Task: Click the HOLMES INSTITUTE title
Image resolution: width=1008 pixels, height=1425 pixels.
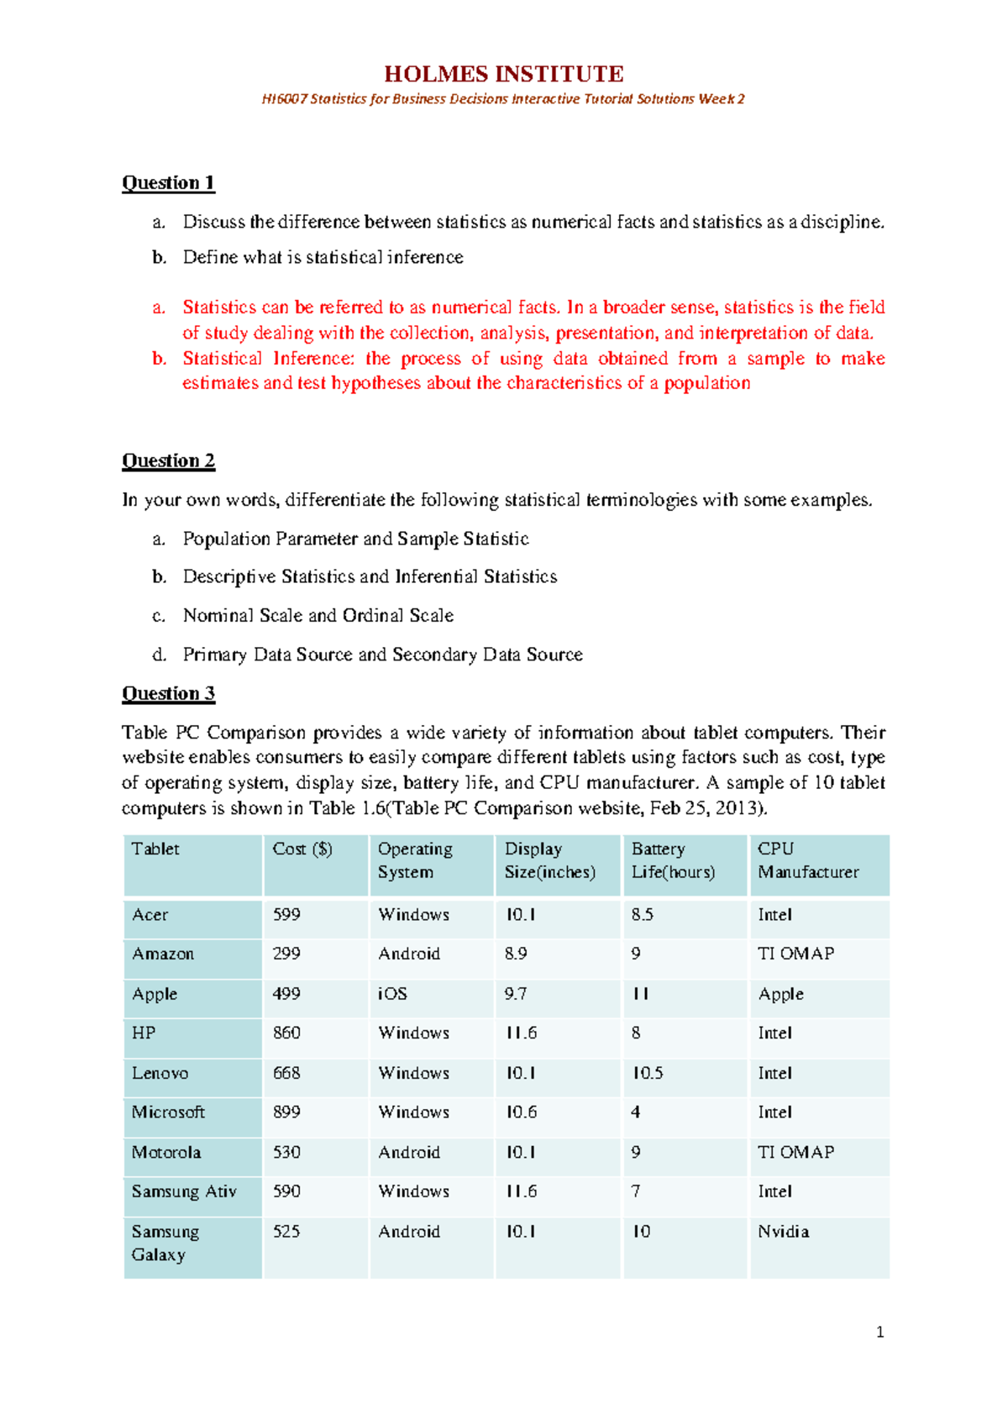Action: [x=503, y=74]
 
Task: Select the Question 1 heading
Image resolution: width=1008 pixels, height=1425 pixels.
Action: [x=168, y=182]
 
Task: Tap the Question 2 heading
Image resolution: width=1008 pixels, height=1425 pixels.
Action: [x=168, y=460]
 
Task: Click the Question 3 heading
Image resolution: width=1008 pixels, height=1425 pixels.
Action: [x=168, y=693]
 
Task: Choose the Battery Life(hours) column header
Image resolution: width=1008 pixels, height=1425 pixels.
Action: [x=673, y=860]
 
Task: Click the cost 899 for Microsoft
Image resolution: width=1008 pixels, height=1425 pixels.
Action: [x=286, y=1112]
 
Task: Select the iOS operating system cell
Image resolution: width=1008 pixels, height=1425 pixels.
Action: [x=392, y=993]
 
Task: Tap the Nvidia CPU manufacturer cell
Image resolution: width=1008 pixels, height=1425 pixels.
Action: [x=783, y=1231]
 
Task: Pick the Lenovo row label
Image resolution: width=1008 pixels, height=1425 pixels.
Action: [x=160, y=1073]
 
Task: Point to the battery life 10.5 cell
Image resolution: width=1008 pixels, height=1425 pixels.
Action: [x=647, y=1073]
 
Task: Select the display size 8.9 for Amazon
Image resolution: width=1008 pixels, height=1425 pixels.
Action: [x=516, y=954]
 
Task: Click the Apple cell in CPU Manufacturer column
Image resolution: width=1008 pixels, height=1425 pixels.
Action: [x=780, y=994]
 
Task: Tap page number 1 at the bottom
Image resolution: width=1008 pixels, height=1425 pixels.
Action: [x=879, y=1332]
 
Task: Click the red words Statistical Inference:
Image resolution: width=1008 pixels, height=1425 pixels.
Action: [x=269, y=359]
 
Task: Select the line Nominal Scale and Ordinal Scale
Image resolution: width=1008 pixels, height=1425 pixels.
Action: [x=318, y=615]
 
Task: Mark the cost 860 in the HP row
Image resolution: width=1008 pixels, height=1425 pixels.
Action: [x=286, y=1033]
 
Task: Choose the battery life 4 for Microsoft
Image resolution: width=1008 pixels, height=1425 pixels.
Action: [x=636, y=1112]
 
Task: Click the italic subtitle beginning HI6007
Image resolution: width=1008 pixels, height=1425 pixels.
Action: [x=503, y=99]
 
